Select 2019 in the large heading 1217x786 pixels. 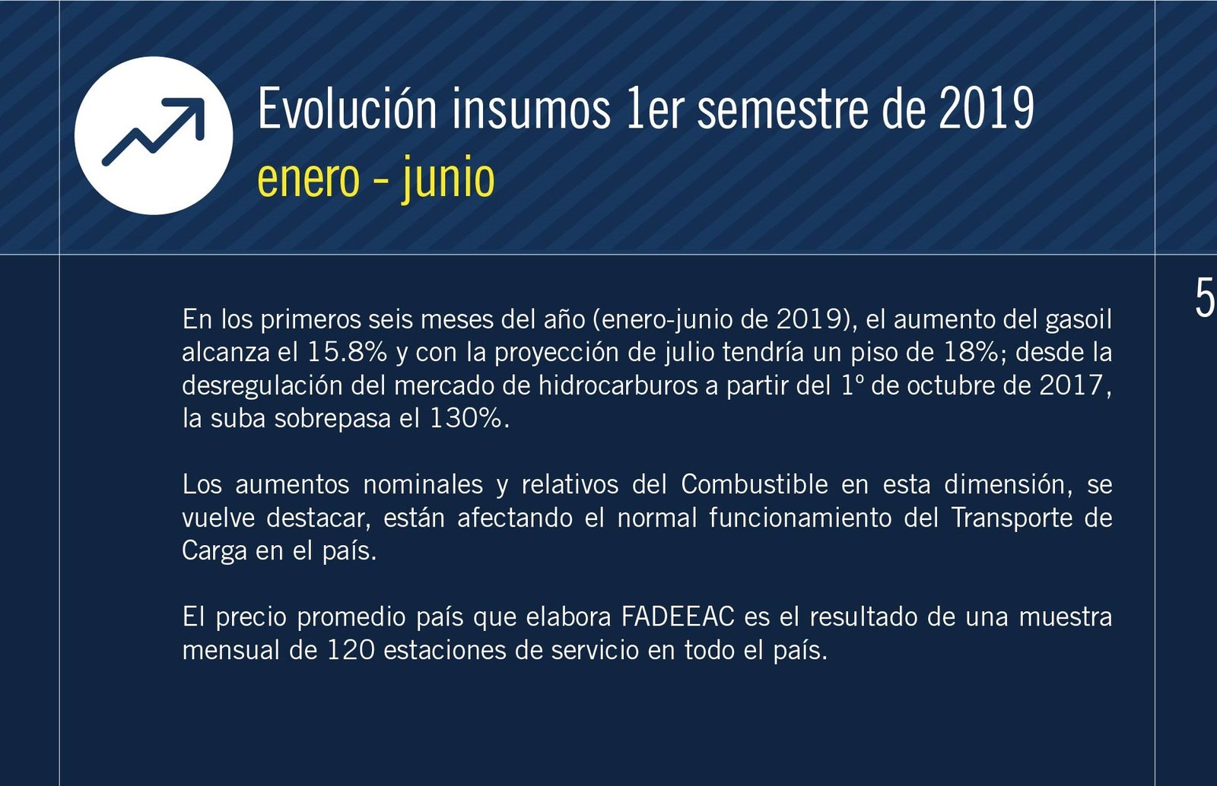click(986, 108)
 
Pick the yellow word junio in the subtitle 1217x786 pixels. click(448, 177)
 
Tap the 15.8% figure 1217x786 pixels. click(347, 352)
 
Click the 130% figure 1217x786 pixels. click(466, 418)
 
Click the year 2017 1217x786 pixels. click(1071, 385)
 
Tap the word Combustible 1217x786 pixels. click(755, 484)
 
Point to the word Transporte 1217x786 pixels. click(1012, 518)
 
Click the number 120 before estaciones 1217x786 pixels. click(351, 650)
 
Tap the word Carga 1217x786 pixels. click(214, 551)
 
